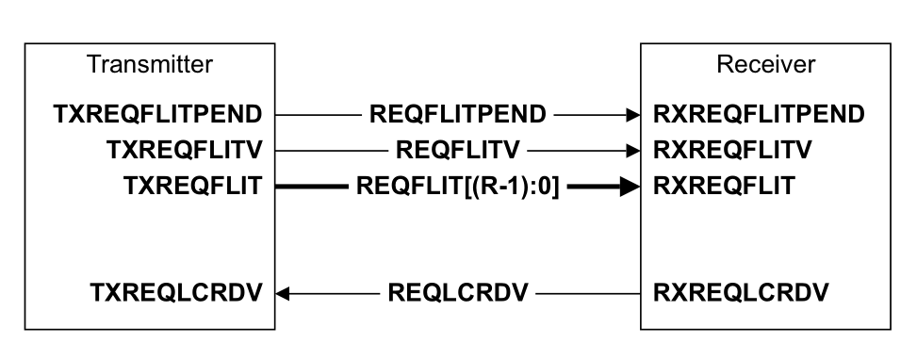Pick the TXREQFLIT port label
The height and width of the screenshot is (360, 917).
[196, 186]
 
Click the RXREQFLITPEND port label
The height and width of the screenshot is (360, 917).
[758, 115]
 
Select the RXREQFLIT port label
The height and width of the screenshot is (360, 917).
[722, 186]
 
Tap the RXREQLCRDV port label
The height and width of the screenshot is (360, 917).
[741, 292]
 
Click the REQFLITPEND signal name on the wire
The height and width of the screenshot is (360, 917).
[458, 115]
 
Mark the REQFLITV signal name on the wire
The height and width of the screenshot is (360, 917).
[458, 150]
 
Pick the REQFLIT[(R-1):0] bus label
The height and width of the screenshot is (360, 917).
[458, 186]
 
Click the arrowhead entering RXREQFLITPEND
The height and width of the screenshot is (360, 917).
[633, 115]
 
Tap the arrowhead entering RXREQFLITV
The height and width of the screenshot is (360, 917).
[633, 150]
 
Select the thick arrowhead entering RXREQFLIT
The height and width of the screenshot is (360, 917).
[630, 186]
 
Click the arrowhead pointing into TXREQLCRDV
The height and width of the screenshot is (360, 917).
[284, 292]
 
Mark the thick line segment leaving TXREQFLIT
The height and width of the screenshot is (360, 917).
[311, 186]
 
